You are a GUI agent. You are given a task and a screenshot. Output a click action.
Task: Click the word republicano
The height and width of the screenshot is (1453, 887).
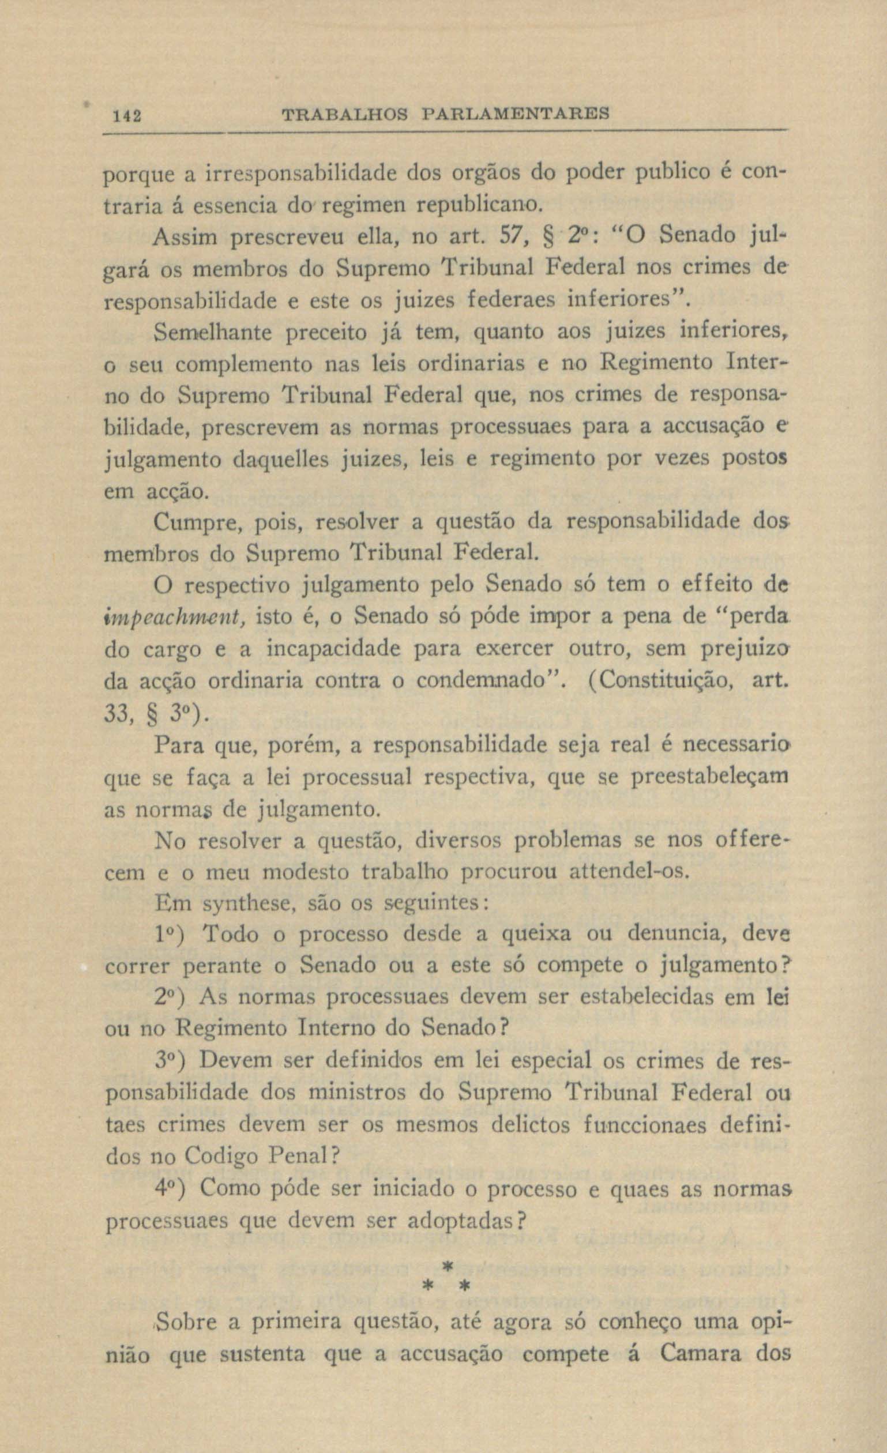coord(478,205)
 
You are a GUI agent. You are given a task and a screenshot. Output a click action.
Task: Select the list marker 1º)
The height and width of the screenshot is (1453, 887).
coord(174,936)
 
